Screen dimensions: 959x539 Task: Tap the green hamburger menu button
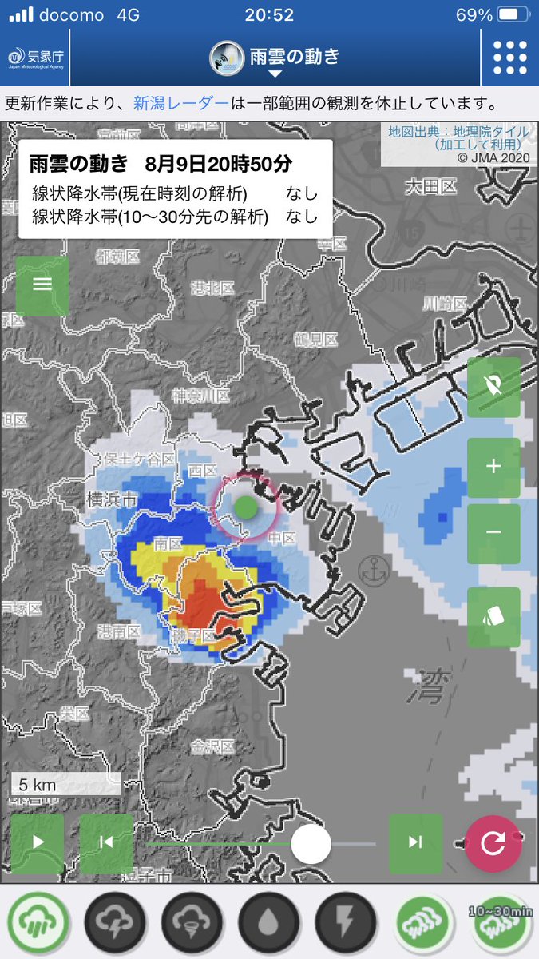pos(42,285)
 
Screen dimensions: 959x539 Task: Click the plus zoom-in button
pos(493,466)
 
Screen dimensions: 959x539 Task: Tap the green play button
pos(38,842)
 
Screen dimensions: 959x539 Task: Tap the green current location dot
pos(246,506)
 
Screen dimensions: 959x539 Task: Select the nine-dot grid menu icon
pos(509,57)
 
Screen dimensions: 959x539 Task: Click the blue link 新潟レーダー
pos(180,104)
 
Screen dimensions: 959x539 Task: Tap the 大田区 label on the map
pos(430,187)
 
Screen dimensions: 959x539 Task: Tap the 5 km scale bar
pos(65,784)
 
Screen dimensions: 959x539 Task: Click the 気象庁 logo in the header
pos(34,58)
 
